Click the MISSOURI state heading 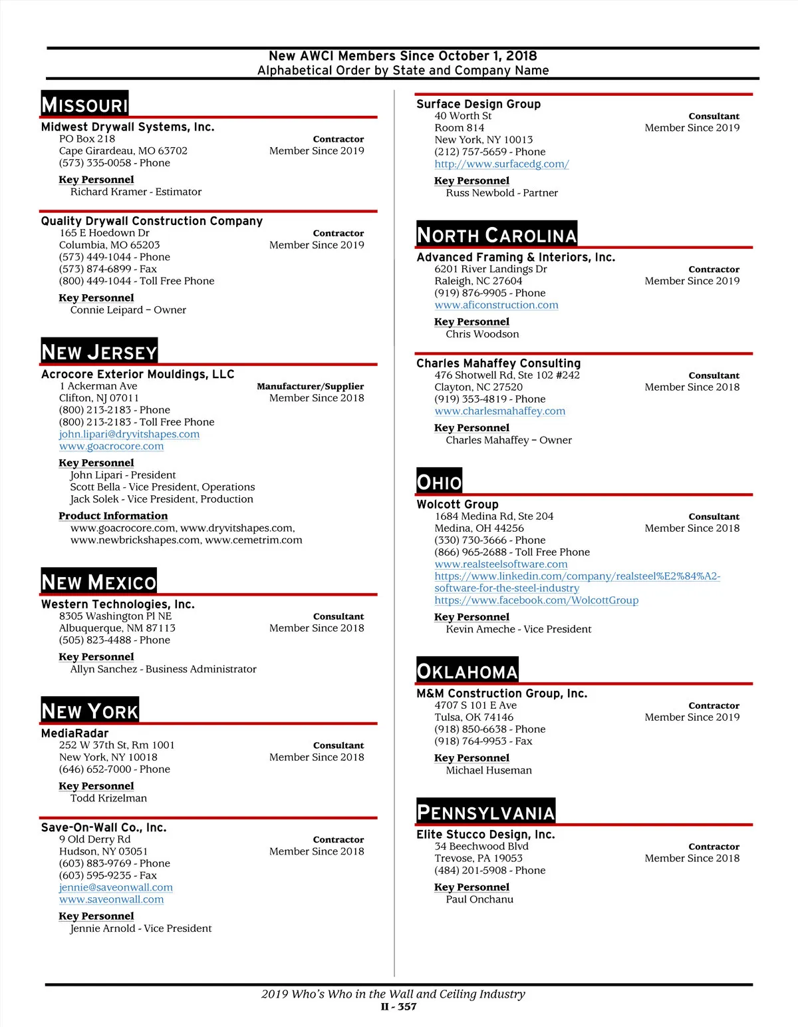click(x=84, y=104)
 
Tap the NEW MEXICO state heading click(x=98, y=582)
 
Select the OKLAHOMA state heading click(x=467, y=671)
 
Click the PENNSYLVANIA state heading click(x=485, y=812)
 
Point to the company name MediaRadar click(x=74, y=733)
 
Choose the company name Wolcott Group click(x=458, y=504)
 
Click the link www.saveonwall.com click(x=111, y=899)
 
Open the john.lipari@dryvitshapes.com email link click(x=129, y=434)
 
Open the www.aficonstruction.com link click(x=496, y=305)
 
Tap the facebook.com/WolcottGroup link click(x=536, y=600)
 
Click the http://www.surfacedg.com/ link click(x=501, y=164)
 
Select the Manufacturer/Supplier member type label click(x=310, y=386)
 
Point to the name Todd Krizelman click(x=108, y=798)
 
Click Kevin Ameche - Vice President click(x=518, y=629)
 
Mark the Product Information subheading click(x=113, y=516)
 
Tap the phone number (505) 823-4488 click(x=114, y=640)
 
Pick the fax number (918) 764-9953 click(x=483, y=741)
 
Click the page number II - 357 click(x=398, y=1006)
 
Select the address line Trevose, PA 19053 click(x=478, y=858)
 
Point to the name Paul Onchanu click(x=479, y=899)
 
